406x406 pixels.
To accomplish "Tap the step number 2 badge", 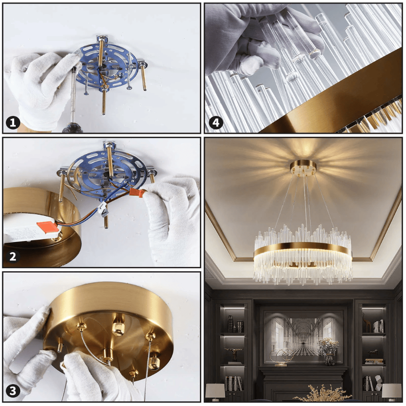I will [x=13, y=257].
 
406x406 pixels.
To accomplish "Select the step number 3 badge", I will [x=13, y=391].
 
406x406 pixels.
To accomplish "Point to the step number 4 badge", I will [x=216, y=122].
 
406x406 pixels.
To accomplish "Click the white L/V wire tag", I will [x=103, y=209].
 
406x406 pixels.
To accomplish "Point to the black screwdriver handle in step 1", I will [x=72, y=128].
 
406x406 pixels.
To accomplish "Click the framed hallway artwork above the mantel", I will [x=303, y=337].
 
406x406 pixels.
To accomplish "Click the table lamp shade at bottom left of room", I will [x=215, y=391].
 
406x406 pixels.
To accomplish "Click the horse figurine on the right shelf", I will [x=373, y=353].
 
